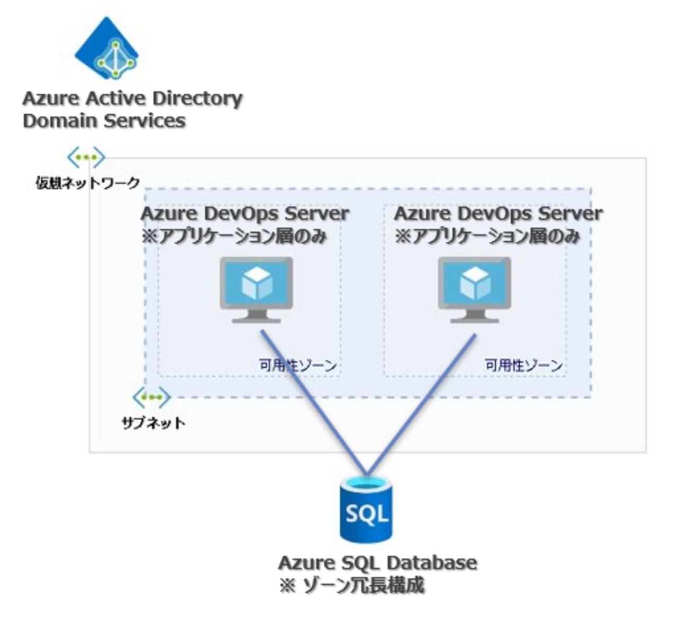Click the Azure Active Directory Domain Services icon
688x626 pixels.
pos(107,49)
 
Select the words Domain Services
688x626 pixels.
pos(104,121)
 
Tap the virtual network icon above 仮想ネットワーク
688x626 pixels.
pos(86,157)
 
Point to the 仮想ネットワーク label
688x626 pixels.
pos(87,183)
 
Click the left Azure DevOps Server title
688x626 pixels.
pos(245,214)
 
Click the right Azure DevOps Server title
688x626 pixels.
pos(498,214)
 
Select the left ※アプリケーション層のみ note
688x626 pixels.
pos(234,236)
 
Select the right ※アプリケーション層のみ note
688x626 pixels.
pos(487,236)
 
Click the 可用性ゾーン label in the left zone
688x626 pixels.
pos(298,365)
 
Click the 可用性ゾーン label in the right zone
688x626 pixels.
pos(524,365)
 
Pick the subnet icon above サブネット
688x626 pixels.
pos(152,397)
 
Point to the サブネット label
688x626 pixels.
pos(153,423)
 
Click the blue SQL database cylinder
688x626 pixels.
pos(366,510)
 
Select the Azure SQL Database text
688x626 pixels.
pos(377,563)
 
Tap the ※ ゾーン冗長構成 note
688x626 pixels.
pos(352,585)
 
